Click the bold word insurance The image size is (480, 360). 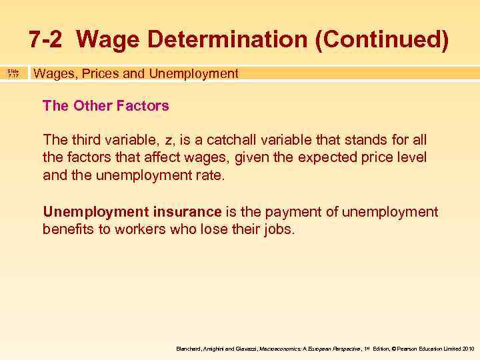point(189,212)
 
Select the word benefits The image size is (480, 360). point(70,230)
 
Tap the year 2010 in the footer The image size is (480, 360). point(467,349)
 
